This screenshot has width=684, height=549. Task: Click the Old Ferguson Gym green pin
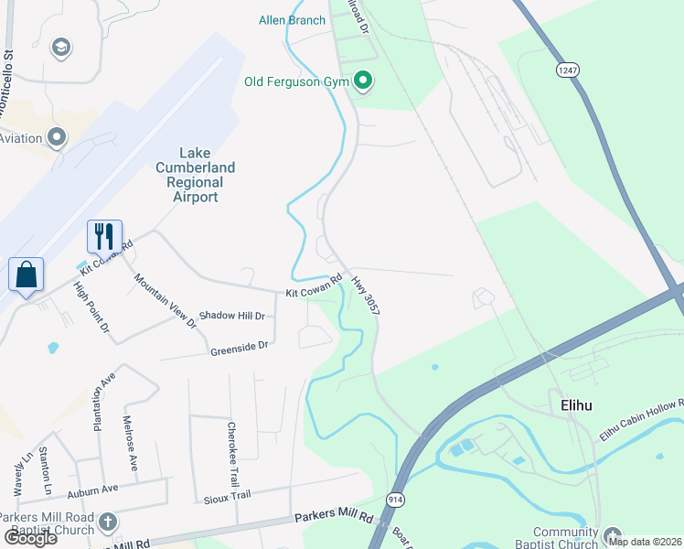[363, 82]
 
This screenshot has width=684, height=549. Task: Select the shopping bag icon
[26, 274]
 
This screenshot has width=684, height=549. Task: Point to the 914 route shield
[395, 499]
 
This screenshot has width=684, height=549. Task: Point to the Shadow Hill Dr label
[232, 316]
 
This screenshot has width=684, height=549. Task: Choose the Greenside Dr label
[239, 347]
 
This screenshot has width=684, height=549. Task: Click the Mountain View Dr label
[166, 300]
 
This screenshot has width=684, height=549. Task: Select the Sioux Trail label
[227, 495]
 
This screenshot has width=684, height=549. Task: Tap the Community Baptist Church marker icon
[613, 535]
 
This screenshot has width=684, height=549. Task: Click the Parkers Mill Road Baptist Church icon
[108, 522]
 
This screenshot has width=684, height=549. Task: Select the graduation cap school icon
[61, 48]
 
